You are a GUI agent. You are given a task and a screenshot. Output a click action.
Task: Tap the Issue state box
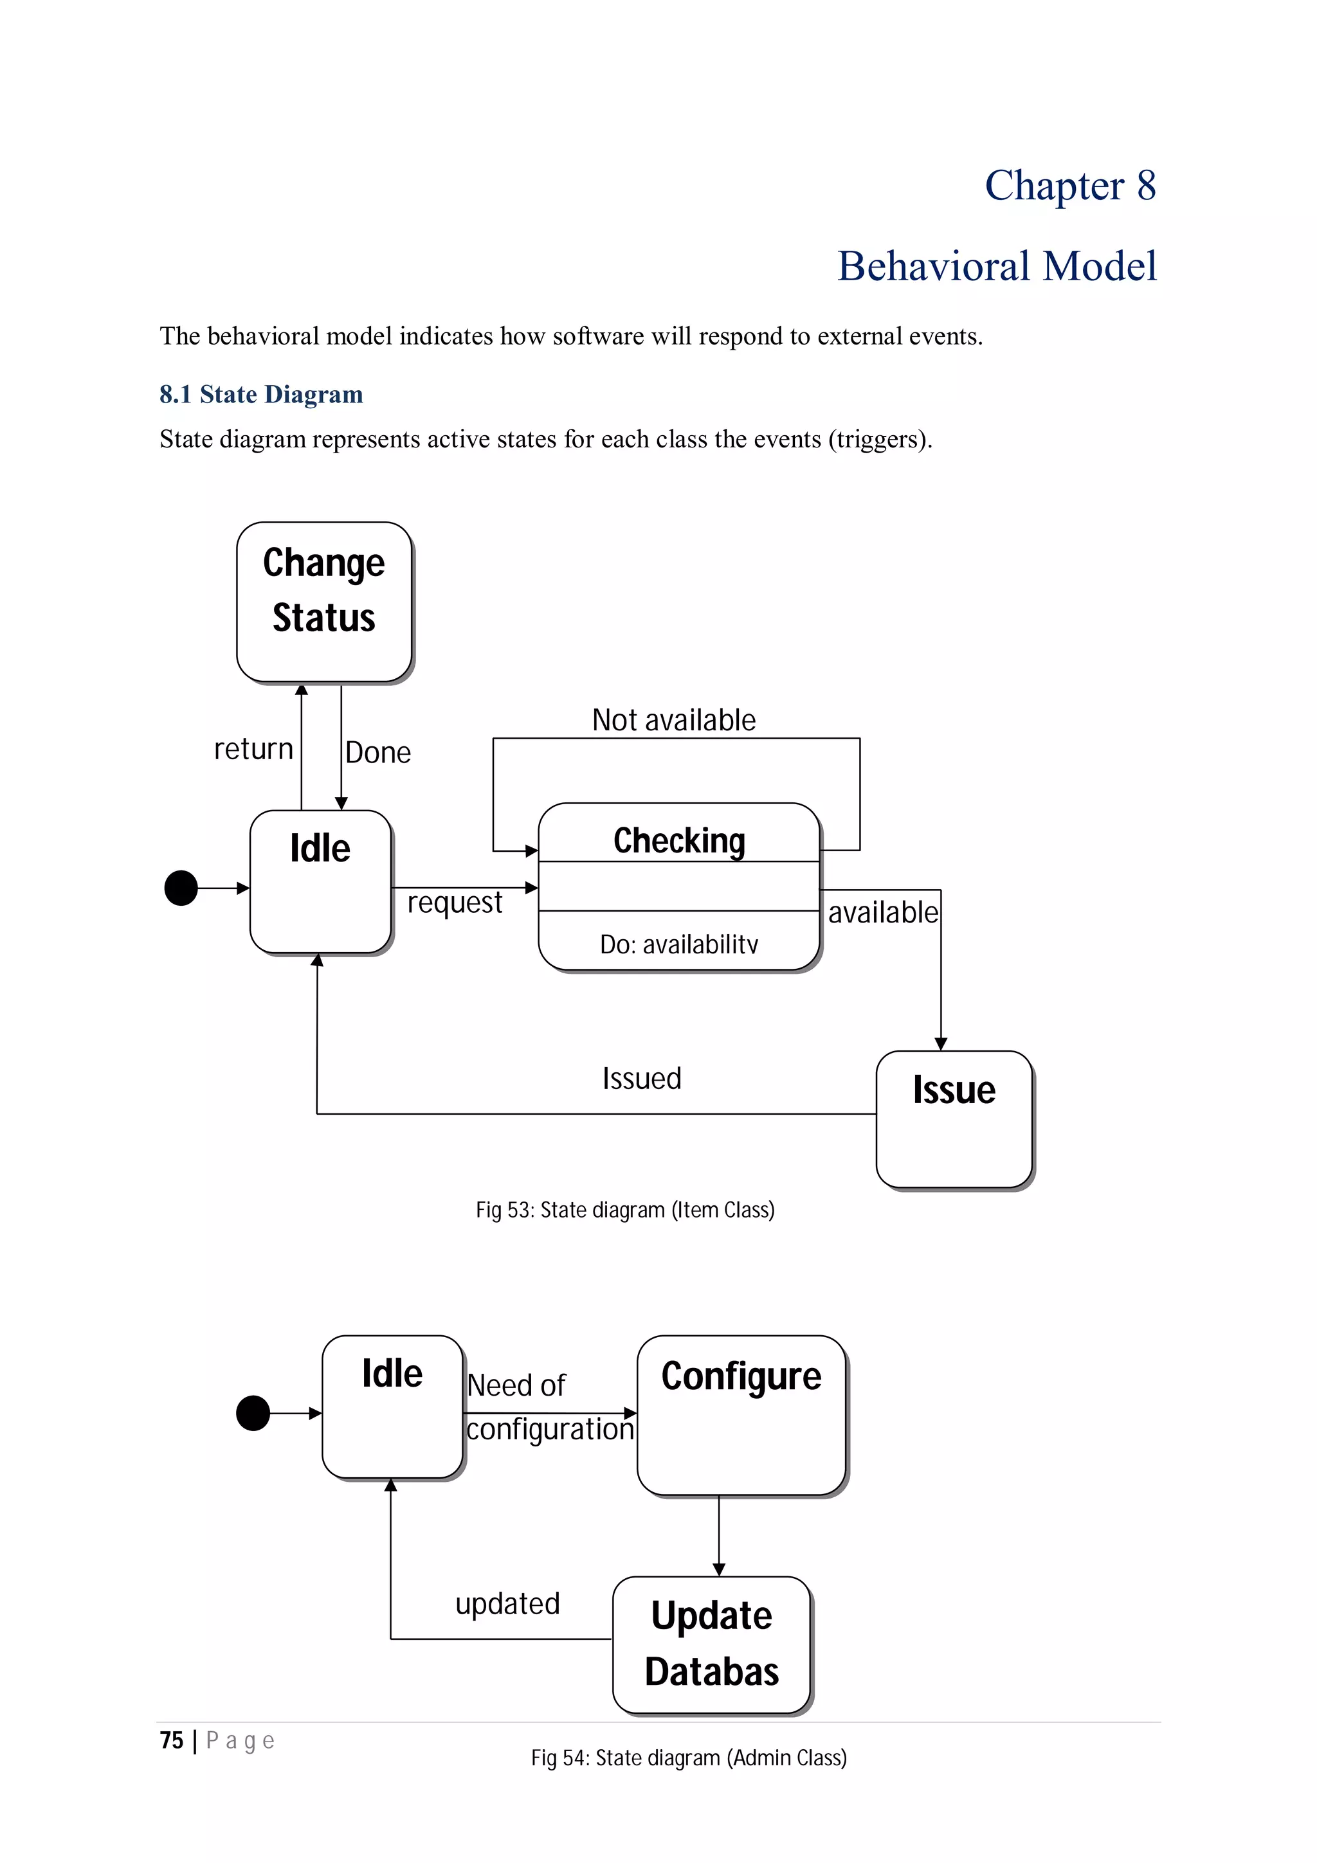(954, 1119)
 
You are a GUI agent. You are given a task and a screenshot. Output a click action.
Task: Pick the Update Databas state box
(712, 1644)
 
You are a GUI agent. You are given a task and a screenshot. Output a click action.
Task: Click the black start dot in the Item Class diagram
(181, 888)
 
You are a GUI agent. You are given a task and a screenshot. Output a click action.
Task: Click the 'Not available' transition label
(673, 720)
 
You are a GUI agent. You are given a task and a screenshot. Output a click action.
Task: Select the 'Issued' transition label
(641, 1078)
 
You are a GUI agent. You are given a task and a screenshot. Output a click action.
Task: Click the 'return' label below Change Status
(253, 749)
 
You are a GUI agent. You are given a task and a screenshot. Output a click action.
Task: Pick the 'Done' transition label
(378, 752)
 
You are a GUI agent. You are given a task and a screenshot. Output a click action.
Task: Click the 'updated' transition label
(507, 1603)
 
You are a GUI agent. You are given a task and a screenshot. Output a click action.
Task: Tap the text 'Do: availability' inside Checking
(678, 944)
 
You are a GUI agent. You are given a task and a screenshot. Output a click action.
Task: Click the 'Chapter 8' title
(1069, 185)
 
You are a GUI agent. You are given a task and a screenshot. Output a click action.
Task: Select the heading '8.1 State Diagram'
(261, 394)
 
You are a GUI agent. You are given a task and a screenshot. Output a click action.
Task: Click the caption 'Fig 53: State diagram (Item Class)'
(625, 1210)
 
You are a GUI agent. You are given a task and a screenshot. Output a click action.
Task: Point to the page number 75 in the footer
(171, 1740)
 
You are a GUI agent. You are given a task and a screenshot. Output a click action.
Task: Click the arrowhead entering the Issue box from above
(940, 1043)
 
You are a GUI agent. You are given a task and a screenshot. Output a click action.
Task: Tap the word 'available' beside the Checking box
(882, 913)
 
